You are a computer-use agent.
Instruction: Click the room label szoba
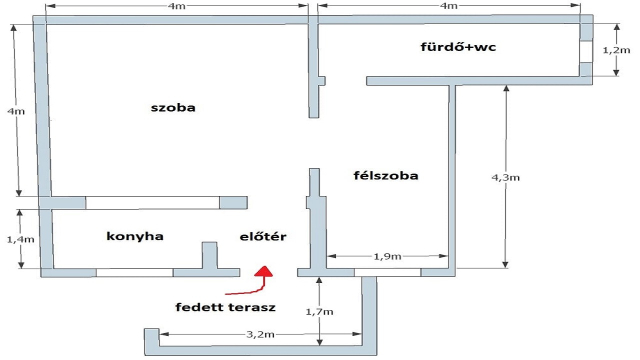pyautogui.click(x=173, y=108)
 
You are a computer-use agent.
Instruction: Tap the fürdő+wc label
pyautogui.click(x=458, y=47)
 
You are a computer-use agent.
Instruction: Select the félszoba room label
pyautogui.click(x=386, y=176)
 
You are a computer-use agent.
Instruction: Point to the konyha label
pyautogui.click(x=135, y=236)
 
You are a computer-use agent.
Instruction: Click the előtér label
pyautogui.click(x=263, y=236)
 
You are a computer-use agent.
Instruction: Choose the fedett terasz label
pyautogui.click(x=225, y=307)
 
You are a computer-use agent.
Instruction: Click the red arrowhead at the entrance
pyautogui.click(x=264, y=271)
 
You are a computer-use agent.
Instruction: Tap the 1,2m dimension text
pyautogui.click(x=616, y=50)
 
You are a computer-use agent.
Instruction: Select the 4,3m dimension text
pyautogui.click(x=505, y=178)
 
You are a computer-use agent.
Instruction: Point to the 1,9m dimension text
pyautogui.click(x=387, y=256)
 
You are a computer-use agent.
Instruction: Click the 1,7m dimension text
pyautogui.click(x=319, y=312)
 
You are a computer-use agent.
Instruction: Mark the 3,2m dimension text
pyautogui.click(x=260, y=334)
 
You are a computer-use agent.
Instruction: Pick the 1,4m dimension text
pyautogui.click(x=21, y=239)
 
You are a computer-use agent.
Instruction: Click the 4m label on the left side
pyautogui.click(x=16, y=111)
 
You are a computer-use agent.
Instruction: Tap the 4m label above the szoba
pyautogui.click(x=176, y=6)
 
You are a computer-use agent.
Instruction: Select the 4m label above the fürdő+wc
pyautogui.click(x=449, y=6)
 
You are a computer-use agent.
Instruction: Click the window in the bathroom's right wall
pyautogui.click(x=586, y=51)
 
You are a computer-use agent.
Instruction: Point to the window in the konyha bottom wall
pyautogui.click(x=135, y=272)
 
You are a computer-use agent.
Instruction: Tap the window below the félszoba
pyautogui.click(x=387, y=272)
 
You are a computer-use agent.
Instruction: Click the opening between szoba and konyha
pyautogui.click(x=153, y=203)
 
